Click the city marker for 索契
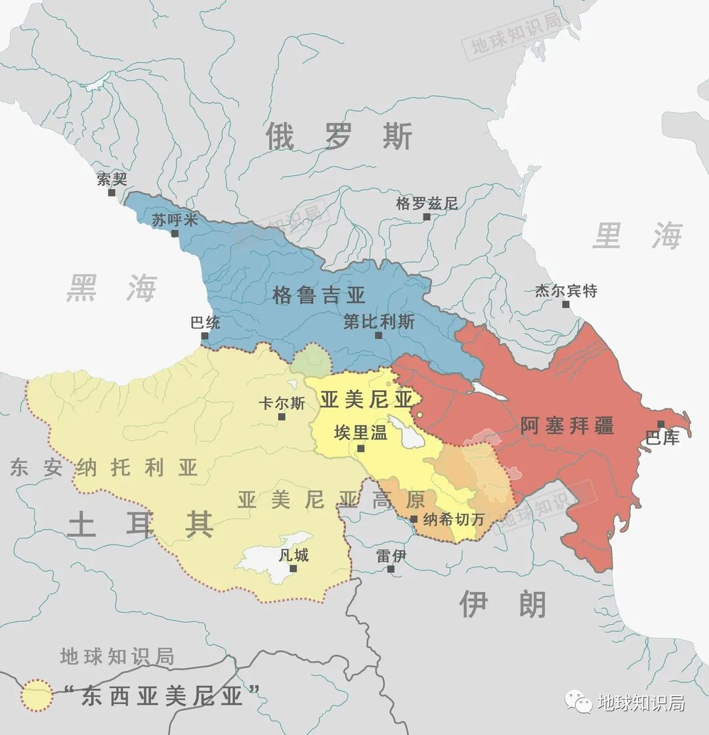click(112, 192)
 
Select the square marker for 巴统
click(205, 336)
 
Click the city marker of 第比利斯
click(378, 335)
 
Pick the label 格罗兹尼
click(426, 203)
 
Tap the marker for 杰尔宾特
click(566, 304)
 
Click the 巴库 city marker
click(660, 424)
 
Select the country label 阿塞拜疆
click(567, 426)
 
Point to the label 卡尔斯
click(282, 403)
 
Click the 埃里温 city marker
click(360, 449)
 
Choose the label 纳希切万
click(453, 519)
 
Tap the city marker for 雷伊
click(391, 569)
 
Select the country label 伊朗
click(502, 604)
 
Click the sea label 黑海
click(112, 288)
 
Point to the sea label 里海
click(637, 236)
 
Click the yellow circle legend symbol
click(36, 696)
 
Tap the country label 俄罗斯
click(339, 137)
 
